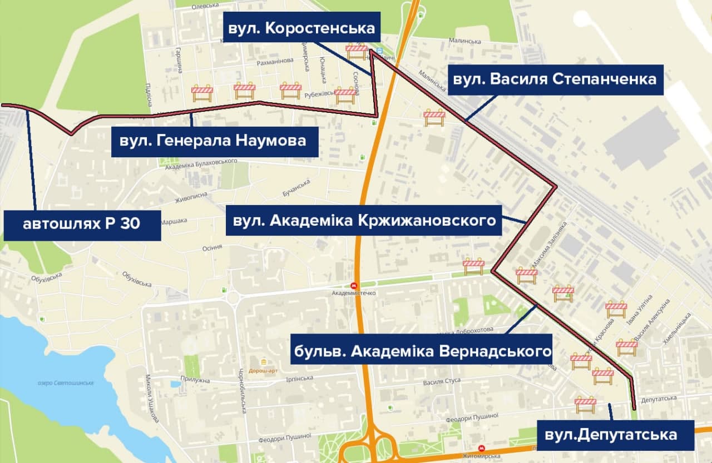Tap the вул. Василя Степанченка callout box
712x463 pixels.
pos(555,79)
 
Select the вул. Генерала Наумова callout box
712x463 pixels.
pos(214,141)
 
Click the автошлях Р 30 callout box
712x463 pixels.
pos(82,225)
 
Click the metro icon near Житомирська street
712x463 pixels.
pos(481,448)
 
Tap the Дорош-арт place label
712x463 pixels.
pos(263,371)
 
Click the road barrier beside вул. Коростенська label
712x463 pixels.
pos(357,51)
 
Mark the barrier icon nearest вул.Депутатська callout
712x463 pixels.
pos(585,404)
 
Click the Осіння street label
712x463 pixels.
pos(212,247)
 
